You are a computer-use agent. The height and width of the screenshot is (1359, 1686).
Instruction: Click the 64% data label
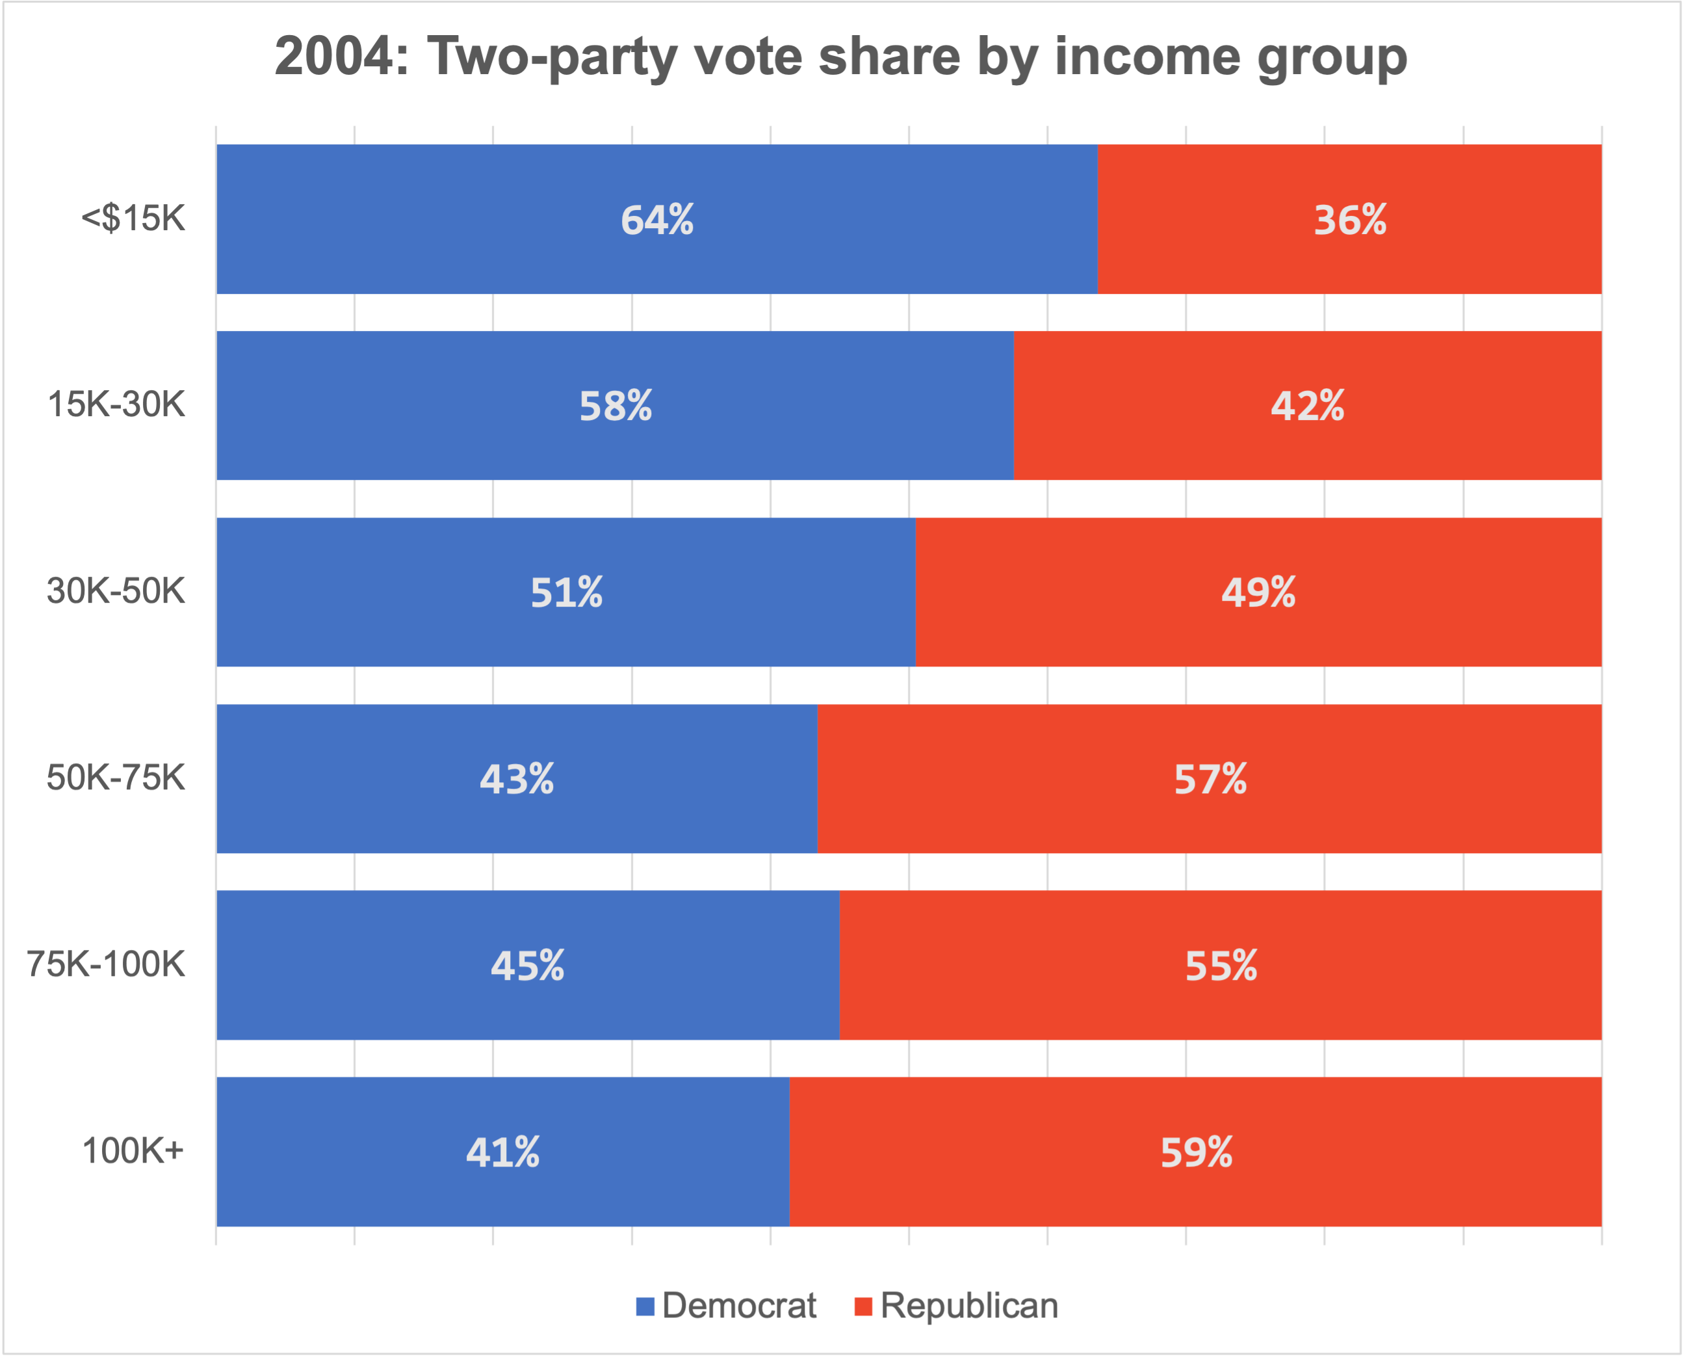(656, 220)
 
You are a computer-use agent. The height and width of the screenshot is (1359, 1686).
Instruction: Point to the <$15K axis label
(133, 218)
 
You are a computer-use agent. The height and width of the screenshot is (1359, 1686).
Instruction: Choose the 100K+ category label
(133, 1151)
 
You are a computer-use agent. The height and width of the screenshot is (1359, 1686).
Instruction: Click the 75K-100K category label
(107, 964)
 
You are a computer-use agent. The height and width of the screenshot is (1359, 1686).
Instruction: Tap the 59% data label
(1196, 1152)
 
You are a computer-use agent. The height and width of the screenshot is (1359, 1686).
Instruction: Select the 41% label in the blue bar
(502, 1152)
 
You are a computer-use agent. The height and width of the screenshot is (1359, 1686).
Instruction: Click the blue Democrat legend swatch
(645, 1306)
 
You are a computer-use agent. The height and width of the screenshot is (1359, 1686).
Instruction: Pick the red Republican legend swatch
(863, 1306)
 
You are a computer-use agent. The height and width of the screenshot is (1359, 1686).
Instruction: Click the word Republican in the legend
(968, 1306)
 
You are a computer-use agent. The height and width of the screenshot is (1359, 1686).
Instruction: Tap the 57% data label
(1210, 780)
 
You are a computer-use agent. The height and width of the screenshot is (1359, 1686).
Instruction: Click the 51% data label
(566, 592)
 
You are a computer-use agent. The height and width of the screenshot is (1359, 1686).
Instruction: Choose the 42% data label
(1306, 406)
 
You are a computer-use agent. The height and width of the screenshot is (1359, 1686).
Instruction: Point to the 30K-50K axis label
(116, 591)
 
